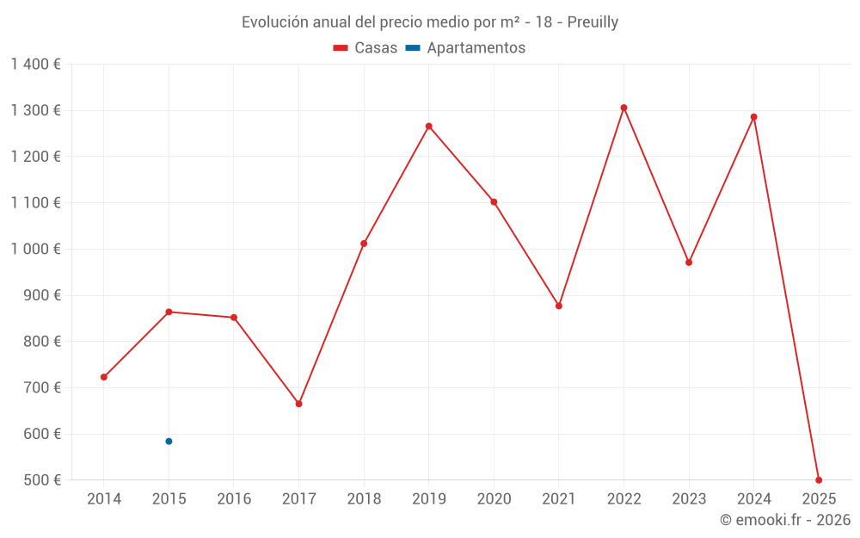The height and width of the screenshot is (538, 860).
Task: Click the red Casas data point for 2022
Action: [x=623, y=108]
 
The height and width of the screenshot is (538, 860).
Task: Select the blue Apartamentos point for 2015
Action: [x=169, y=442]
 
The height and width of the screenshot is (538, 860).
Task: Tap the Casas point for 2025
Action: [x=819, y=480]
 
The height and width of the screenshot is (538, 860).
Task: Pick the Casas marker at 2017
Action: [x=298, y=404]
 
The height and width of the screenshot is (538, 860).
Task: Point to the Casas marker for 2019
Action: [x=429, y=127]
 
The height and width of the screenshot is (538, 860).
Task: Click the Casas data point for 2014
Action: [x=104, y=377]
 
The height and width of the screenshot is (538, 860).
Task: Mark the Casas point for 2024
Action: [x=753, y=117]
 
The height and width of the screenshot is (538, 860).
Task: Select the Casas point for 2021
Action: [x=559, y=306]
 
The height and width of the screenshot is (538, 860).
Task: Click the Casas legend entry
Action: [x=365, y=48]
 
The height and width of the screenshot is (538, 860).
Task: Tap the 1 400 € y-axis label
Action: [x=35, y=65]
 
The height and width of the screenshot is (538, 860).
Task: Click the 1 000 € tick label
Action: [x=35, y=249]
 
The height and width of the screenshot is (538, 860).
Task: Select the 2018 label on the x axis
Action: [x=364, y=499]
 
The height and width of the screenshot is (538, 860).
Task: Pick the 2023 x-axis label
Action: [x=689, y=499]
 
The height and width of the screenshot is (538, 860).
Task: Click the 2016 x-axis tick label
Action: [x=234, y=499]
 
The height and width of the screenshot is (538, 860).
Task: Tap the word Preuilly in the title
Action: [x=593, y=22]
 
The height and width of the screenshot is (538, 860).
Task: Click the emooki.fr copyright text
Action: [x=785, y=520]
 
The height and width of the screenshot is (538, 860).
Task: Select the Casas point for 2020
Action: [x=494, y=202]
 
